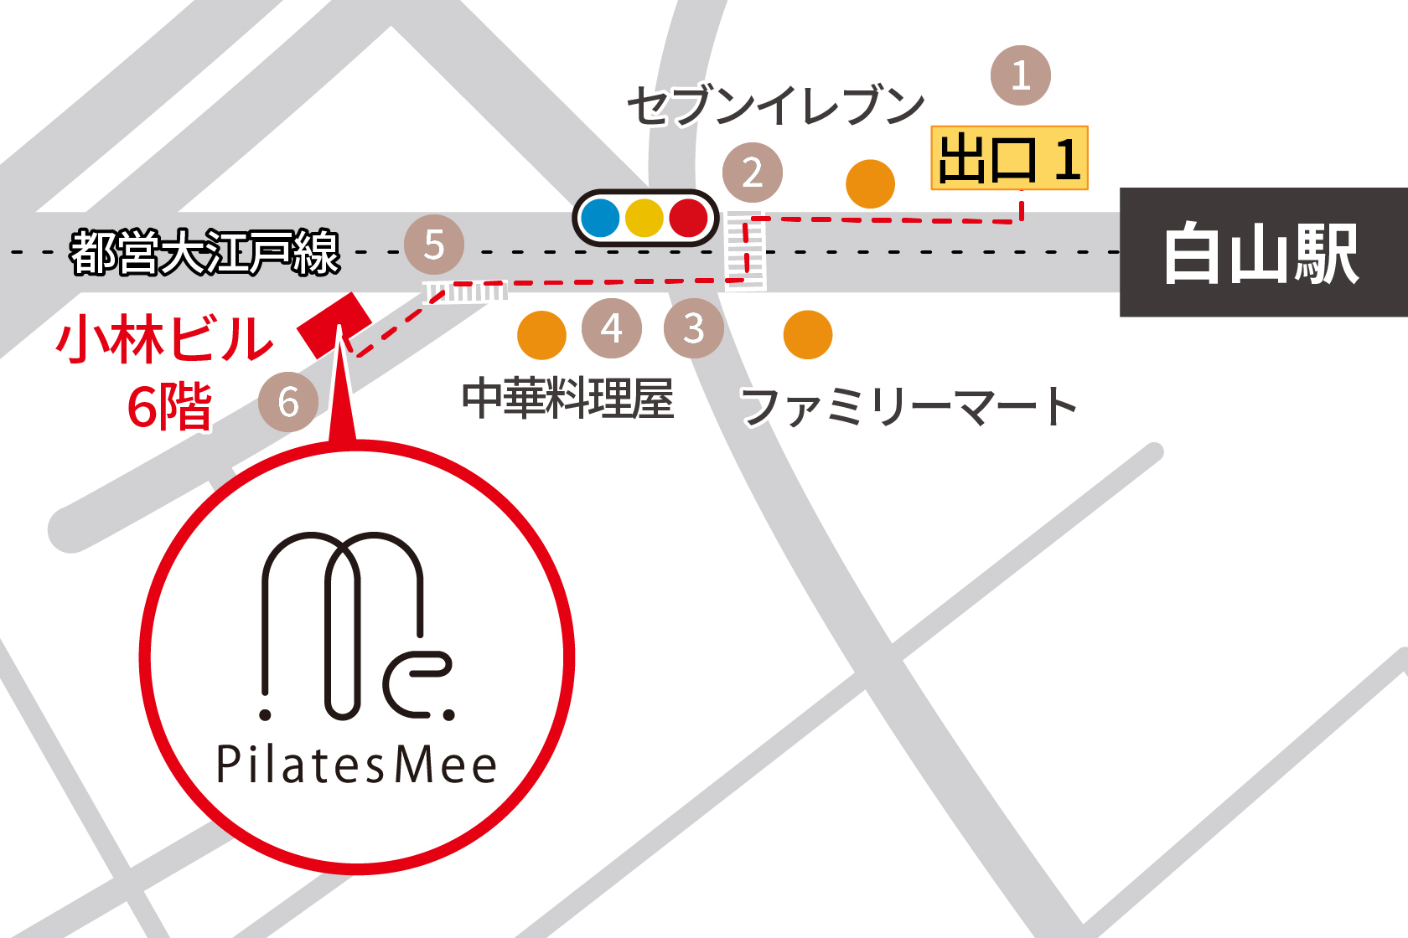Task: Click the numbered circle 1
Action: coord(1020,75)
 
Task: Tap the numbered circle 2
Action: coord(753,173)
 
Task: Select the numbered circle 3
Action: coord(693,328)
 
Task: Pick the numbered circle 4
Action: coord(612,328)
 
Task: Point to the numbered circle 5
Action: coord(434,245)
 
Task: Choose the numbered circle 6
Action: coord(288,402)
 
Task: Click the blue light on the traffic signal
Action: coord(599,218)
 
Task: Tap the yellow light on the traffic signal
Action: coord(644,218)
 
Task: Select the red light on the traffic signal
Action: coord(689,218)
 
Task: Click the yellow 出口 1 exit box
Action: coord(1009,158)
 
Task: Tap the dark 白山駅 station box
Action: coord(1262,252)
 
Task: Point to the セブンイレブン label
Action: coord(775,106)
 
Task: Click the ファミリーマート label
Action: coord(908,406)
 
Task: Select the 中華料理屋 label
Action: coord(567,399)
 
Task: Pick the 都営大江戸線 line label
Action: coord(204,252)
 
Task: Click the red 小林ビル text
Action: coord(164,339)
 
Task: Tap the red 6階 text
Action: coord(169,407)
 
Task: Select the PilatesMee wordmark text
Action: coord(357,765)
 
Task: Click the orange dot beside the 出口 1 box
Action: coord(870,184)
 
